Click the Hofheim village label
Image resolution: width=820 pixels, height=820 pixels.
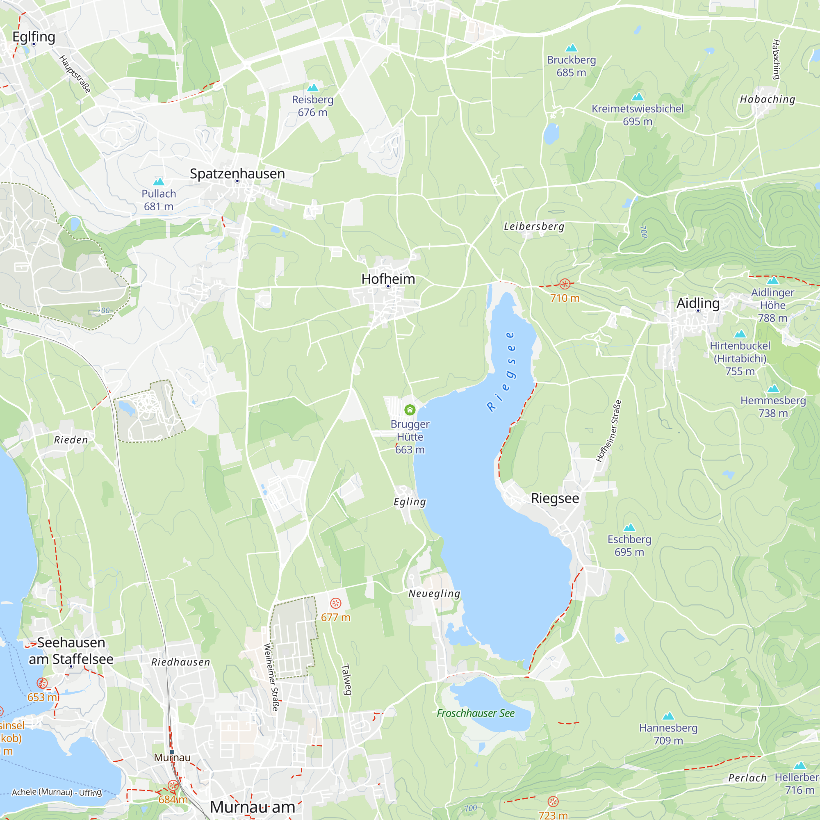pos(388,279)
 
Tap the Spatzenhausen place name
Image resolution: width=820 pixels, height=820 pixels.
pos(237,173)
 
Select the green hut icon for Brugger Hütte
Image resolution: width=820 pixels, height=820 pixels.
pos(410,410)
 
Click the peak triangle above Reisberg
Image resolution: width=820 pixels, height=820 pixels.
pos(313,88)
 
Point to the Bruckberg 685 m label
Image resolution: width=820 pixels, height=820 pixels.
pos(571,66)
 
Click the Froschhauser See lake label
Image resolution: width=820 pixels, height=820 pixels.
pos(475,713)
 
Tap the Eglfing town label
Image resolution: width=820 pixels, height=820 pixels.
pos(34,37)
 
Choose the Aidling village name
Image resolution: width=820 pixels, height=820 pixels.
pos(698,303)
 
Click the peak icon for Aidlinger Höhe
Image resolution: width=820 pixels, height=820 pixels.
pos(772,280)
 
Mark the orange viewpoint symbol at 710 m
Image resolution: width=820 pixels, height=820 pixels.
pos(565,284)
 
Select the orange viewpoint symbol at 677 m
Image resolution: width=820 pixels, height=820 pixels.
pos(336,603)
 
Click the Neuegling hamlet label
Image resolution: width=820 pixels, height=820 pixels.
pos(434,593)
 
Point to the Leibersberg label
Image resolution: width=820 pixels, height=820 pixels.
pos(534,226)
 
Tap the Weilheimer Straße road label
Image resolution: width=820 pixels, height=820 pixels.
pos(272,677)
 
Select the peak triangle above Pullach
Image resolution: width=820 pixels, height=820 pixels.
pos(159,182)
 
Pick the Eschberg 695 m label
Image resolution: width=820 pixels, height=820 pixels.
pos(629,545)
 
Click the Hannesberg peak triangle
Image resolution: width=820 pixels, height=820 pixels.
pos(668,716)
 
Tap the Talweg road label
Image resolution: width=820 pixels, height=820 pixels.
pos(346,679)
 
